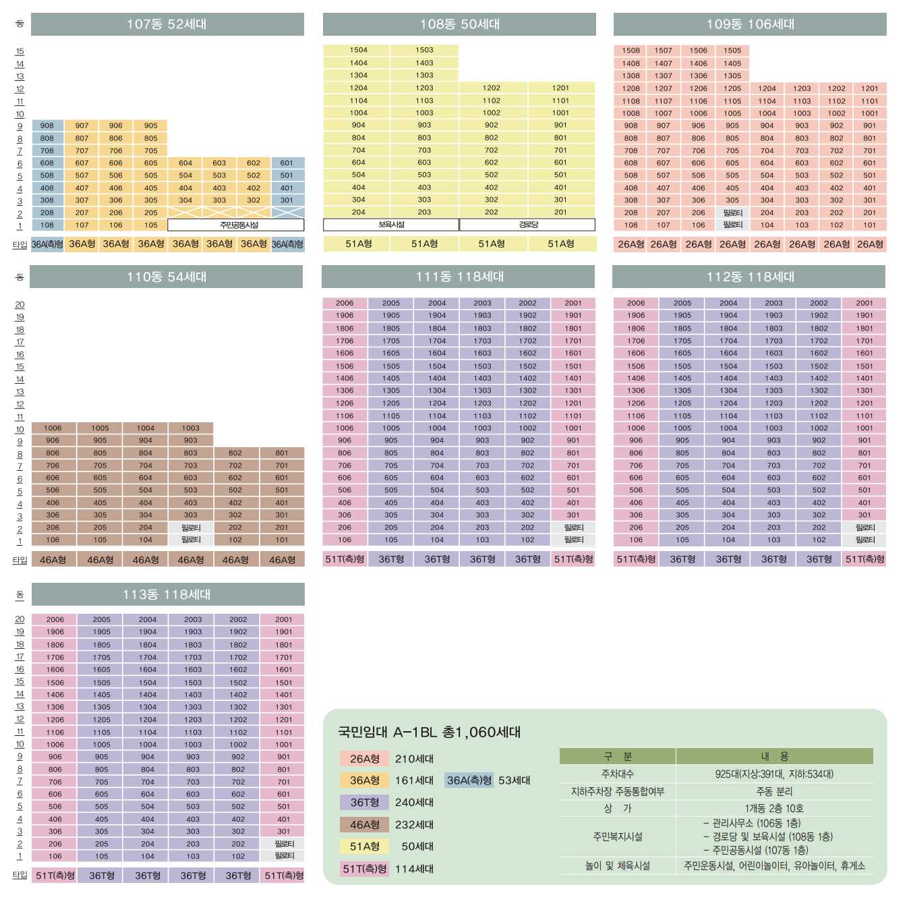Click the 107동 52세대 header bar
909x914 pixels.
click(167, 24)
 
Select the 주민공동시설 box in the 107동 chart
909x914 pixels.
click(236, 225)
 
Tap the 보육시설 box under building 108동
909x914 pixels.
click(391, 225)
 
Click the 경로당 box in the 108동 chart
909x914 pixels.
click(527, 225)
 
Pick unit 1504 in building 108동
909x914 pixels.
click(358, 50)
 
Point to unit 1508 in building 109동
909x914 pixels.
click(631, 51)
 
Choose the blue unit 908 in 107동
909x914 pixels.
click(47, 125)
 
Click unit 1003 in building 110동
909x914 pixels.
click(191, 428)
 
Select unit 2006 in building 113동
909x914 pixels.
click(55, 619)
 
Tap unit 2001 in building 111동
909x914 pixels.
click(573, 303)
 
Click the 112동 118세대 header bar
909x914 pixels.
click(749, 277)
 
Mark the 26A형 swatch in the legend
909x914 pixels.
click(365, 759)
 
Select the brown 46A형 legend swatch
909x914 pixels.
click(365, 824)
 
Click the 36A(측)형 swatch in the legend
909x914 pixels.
click(469, 780)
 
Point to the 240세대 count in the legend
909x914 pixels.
click(414, 802)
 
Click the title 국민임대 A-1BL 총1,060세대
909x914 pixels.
click(429, 732)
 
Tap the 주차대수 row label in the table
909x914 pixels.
click(617, 774)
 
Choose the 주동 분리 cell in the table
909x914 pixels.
click(774, 791)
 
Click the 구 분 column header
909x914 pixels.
click(617, 756)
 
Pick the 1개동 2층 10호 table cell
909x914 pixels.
click(774, 808)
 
